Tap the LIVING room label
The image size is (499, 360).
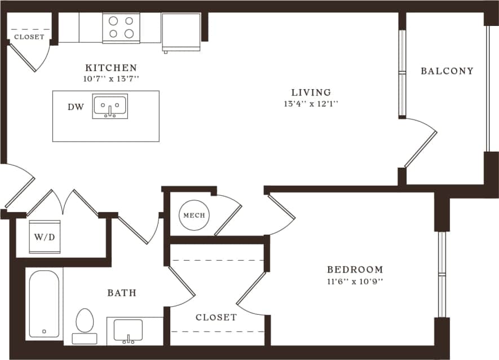311,92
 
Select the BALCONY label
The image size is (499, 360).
447,71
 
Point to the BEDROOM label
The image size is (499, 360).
355,270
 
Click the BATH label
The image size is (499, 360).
122,293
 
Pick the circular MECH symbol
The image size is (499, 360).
194,216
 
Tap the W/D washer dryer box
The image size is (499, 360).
45,237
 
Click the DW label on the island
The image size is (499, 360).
76,107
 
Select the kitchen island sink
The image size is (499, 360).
111,106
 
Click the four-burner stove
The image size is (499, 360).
121,27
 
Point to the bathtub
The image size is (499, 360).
44,304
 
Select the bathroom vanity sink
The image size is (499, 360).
128,330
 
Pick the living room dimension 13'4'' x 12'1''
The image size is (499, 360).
311,104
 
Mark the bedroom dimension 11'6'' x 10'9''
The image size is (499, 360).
355,281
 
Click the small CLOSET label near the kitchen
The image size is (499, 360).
29,37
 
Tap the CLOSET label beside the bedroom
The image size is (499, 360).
216,317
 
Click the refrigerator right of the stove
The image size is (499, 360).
181,31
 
